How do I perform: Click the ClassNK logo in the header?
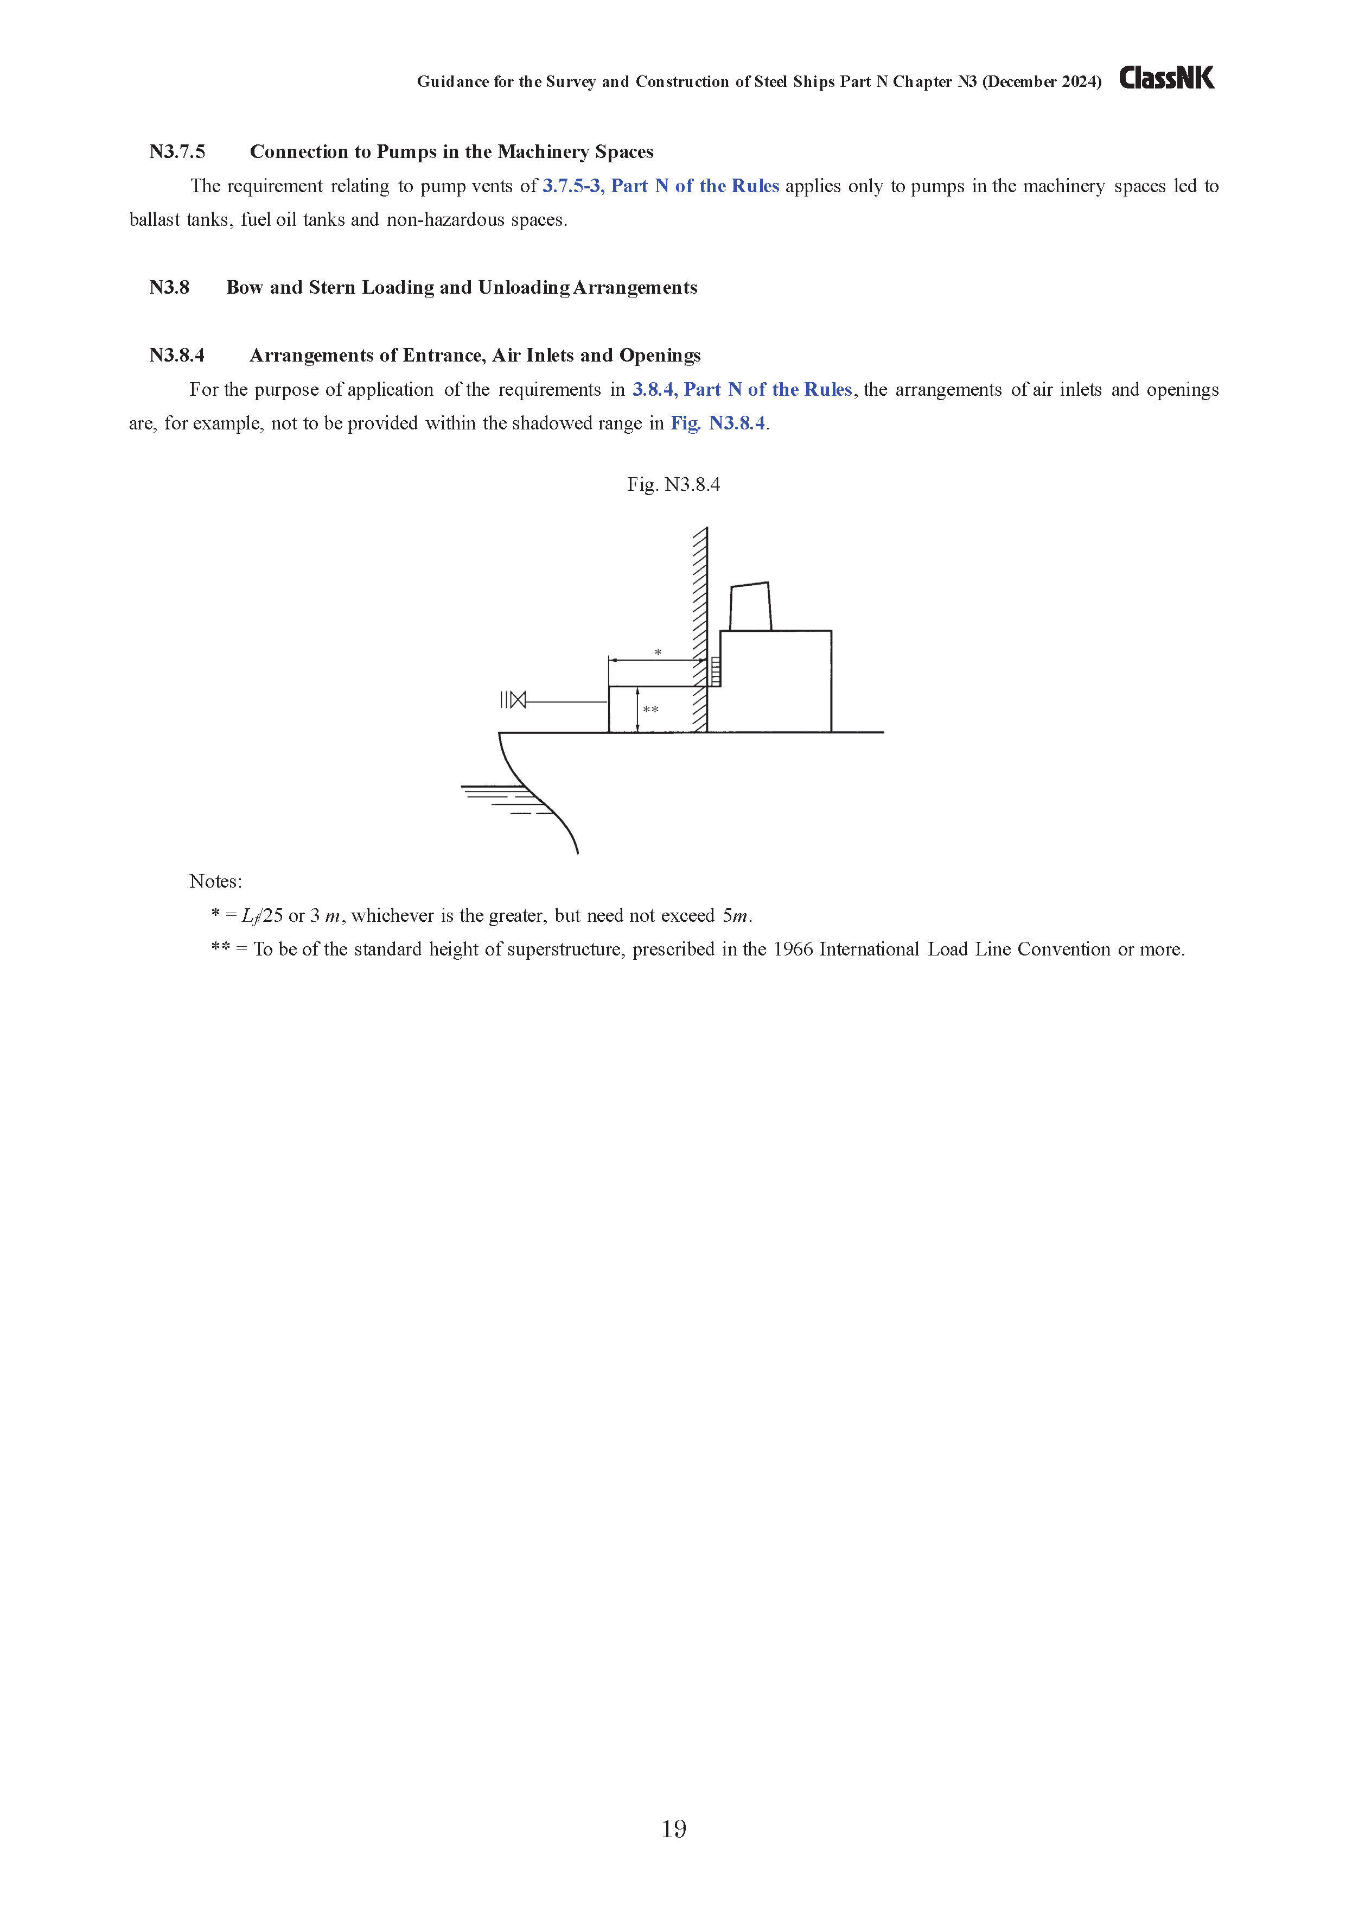click(x=1166, y=78)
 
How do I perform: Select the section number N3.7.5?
click(x=177, y=152)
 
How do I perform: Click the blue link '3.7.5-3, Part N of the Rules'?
click(x=660, y=186)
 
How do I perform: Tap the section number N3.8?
click(x=169, y=288)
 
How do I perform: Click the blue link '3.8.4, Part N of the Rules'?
click(x=742, y=390)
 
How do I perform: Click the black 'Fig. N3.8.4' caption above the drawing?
click(x=673, y=485)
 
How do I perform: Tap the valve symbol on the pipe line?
click(x=518, y=699)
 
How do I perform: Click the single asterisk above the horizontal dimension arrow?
click(x=658, y=652)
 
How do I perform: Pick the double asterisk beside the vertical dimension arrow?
click(x=651, y=710)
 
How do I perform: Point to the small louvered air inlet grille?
click(x=716, y=671)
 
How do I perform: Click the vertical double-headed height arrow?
click(x=637, y=710)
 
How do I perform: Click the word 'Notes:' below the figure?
click(x=215, y=881)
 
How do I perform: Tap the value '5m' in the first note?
click(x=736, y=916)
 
